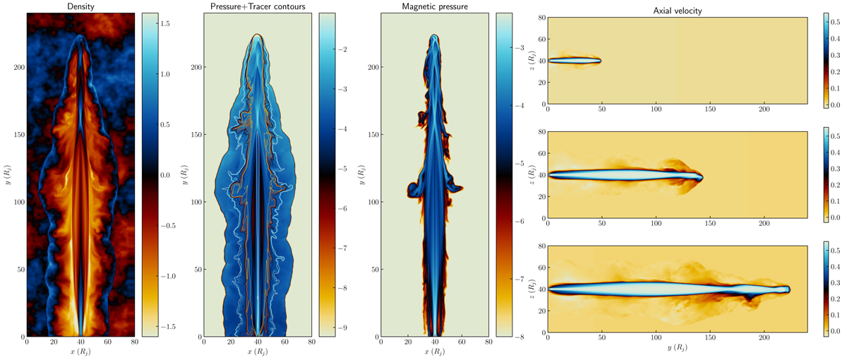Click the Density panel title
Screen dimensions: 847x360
(80, 6)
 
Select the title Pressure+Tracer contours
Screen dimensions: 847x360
(258, 6)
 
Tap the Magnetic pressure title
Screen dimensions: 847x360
(435, 6)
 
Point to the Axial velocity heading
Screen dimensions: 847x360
(677, 11)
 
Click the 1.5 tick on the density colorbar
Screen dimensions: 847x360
(165, 23)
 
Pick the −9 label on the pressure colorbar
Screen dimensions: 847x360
(342, 328)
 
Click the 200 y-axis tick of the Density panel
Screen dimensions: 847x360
(19, 67)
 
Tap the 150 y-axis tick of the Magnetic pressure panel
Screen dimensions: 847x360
(373, 135)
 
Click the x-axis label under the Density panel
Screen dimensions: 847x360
(80, 352)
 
